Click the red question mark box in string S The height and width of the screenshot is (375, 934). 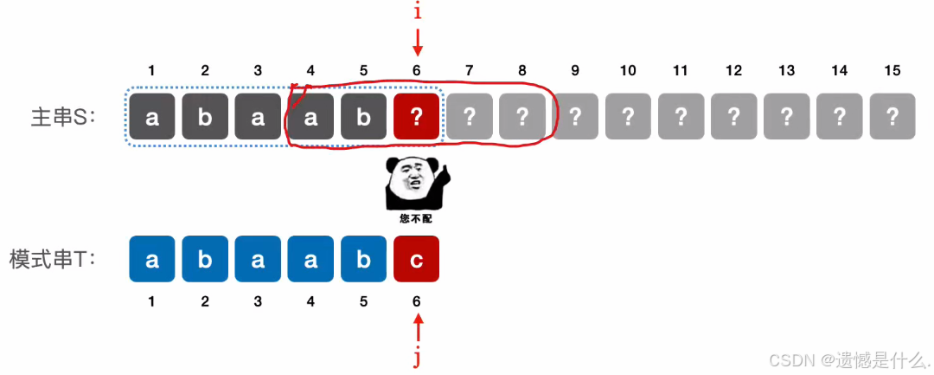[x=416, y=117]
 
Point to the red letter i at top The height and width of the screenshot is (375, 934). [x=417, y=12]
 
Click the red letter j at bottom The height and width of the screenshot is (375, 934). [x=417, y=357]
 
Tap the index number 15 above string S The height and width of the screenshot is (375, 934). [x=892, y=70]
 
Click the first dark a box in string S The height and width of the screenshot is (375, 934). [x=152, y=117]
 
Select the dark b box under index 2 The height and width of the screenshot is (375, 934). [x=205, y=117]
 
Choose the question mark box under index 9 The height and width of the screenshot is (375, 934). [x=575, y=117]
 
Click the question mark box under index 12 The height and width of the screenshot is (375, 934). [x=733, y=117]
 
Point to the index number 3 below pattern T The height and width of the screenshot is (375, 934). [x=258, y=301]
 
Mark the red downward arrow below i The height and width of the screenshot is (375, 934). [x=417, y=41]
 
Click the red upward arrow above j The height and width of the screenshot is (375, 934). [x=417, y=328]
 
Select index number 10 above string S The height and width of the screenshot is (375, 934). [x=628, y=70]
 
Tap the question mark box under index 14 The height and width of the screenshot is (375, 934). [x=839, y=117]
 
